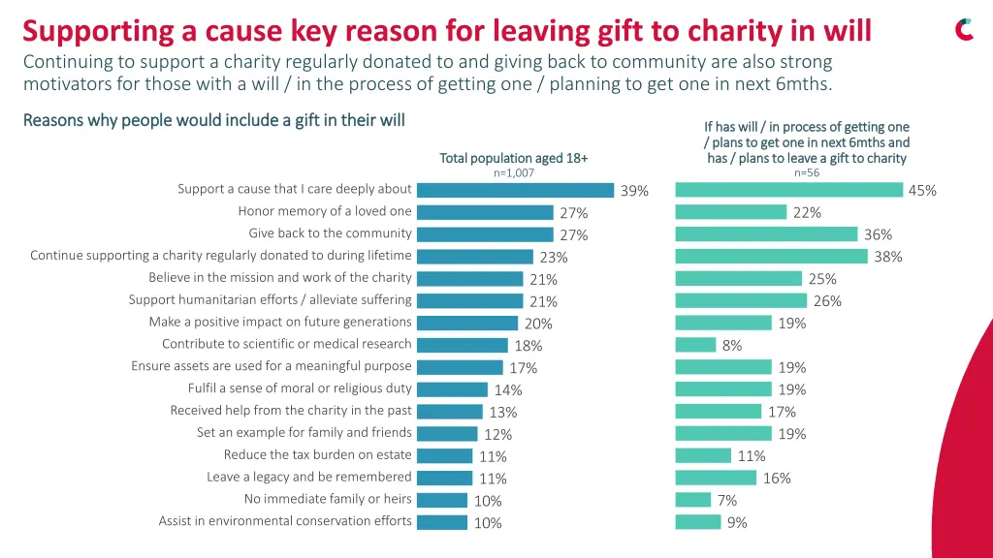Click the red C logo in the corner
(964, 30)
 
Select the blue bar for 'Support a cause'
(515, 190)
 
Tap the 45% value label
(922, 191)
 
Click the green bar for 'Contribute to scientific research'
(695, 345)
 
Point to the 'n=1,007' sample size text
(514, 173)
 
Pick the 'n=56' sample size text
(806, 173)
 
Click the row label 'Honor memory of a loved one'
(325, 211)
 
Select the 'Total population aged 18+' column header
(514, 158)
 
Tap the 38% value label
(888, 257)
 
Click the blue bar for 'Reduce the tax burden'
(444, 455)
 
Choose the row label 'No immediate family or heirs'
(328, 499)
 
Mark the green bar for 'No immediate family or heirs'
(693, 500)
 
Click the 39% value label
(634, 191)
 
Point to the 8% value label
(732, 346)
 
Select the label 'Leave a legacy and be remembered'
(309, 477)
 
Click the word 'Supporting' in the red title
(99, 32)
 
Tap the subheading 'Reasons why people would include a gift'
(213, 120)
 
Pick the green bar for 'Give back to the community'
(766, 233)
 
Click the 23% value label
(554, 258)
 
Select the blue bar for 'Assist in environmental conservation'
(441, 522)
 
